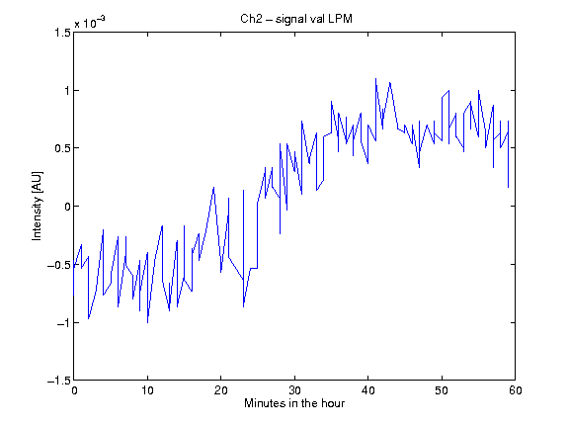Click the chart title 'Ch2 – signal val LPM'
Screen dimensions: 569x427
296,19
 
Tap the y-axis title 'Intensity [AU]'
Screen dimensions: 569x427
37,206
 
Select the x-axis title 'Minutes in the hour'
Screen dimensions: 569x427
294,403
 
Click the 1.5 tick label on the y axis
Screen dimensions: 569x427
62,33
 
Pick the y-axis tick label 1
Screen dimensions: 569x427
67,90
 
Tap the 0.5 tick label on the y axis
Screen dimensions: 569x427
62,148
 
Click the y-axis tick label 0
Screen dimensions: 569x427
67,207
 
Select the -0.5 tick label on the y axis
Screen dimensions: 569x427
59,265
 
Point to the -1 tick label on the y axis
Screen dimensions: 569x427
63,323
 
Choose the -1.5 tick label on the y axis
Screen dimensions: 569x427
59,381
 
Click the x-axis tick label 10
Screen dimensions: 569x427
147,390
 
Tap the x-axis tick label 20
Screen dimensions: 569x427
220,390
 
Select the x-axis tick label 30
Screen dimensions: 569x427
294,390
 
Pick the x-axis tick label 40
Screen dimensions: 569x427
367,390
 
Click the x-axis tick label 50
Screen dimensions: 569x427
442,390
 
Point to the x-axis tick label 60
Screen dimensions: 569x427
516,390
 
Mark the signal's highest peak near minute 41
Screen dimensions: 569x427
375,78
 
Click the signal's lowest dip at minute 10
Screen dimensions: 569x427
148,322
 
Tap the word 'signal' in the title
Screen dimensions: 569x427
291,19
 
